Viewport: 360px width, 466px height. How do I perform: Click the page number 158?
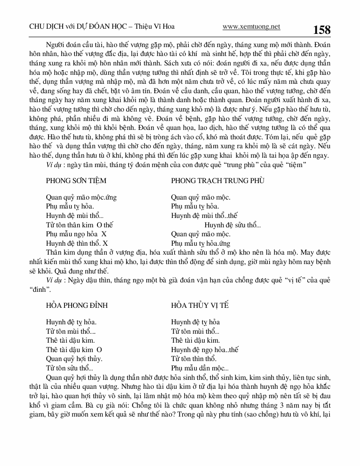[x=322, y=30]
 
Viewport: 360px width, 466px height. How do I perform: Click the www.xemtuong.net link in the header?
[x=251, y=27]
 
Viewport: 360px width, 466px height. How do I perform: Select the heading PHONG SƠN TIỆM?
[x=76, y=181]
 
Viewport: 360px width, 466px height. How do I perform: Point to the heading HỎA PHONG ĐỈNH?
[x=77, y=305]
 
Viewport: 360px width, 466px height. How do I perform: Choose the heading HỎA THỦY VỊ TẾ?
[x=200, y=305]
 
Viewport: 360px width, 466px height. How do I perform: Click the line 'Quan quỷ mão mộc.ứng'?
[x=81, y=197]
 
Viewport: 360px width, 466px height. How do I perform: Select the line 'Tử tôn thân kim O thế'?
[x=80, y=225]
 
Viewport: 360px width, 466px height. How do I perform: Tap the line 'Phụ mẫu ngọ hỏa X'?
[x=76, y=234]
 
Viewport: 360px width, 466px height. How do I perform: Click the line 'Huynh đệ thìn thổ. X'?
[x=77, y=243]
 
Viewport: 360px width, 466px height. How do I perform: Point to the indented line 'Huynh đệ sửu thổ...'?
[x=232, y=225]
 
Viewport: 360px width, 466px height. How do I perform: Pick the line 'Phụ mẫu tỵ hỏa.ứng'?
[x=200, y=243]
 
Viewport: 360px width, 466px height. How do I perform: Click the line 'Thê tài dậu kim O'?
[x=74, y=350]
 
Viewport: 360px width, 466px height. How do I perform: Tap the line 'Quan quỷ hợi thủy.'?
[x=74, y=359]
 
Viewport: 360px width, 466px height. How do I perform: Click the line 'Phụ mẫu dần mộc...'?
[x=200, y=368]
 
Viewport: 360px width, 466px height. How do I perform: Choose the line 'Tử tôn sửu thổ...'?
[x=69, y=368]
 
